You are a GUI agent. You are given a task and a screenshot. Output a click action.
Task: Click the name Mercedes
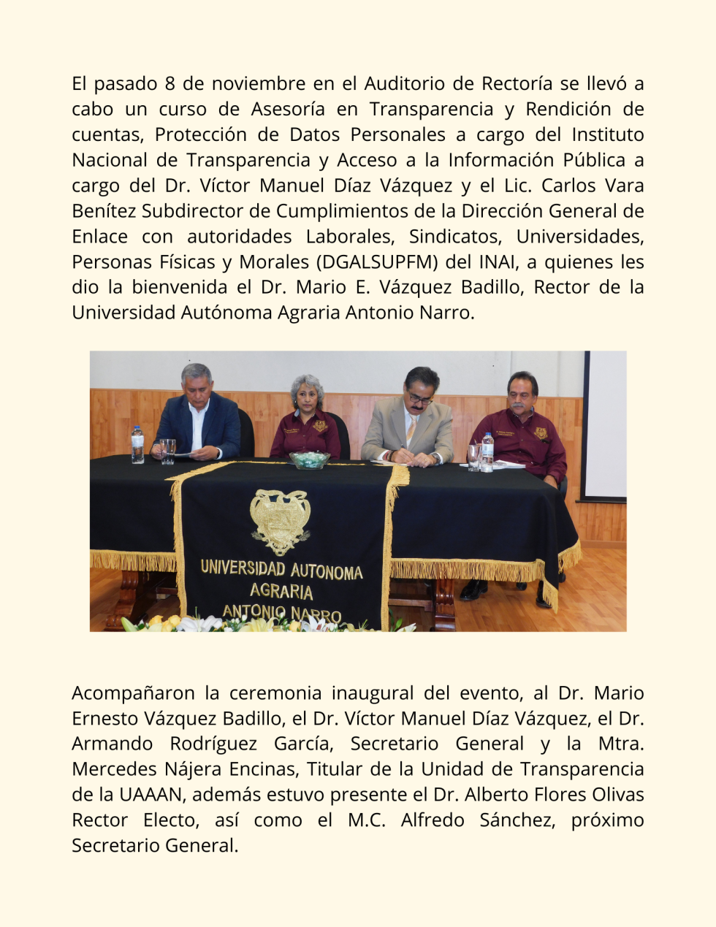click(111, 769)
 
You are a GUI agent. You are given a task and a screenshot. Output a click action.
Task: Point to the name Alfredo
click(433, 820)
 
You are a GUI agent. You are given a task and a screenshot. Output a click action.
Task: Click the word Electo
click(170, 820)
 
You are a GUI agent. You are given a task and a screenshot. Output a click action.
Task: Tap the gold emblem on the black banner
click(280, 520)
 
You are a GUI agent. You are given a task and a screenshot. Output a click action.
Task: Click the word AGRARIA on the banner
click(281, 591)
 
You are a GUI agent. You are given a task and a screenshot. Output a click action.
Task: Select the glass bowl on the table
click(309, 459)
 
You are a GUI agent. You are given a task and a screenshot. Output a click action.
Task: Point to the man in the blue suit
click(197, 413)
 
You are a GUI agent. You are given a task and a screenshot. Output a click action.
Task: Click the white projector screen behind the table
click(606, 424)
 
